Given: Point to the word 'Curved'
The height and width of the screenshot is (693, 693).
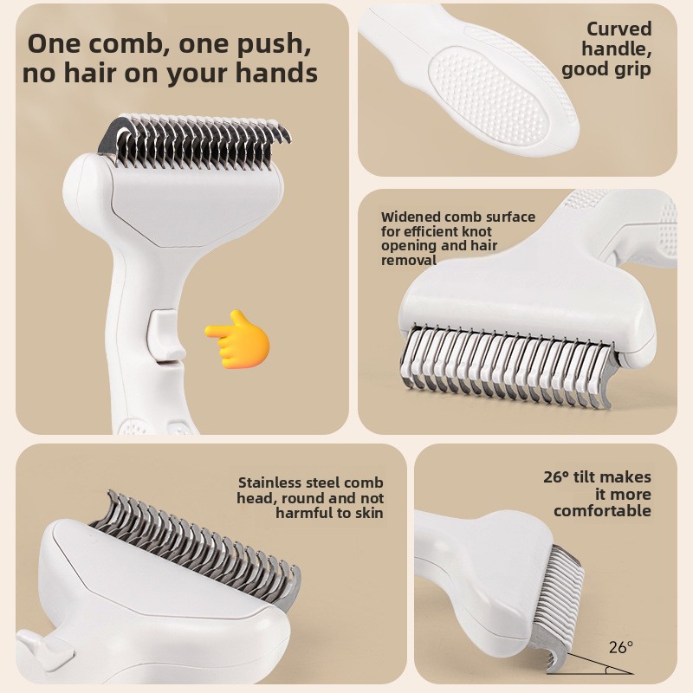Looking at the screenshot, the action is point(619,29).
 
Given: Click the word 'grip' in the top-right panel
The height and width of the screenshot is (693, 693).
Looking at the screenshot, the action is point(632,70).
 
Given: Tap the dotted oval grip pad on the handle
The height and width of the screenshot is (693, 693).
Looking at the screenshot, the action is point(489,95).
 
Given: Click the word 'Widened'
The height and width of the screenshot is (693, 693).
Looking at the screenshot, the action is point(411,217).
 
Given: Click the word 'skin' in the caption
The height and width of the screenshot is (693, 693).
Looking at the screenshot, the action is point(367,513).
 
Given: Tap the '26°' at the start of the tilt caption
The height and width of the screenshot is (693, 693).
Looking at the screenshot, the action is point(556,477).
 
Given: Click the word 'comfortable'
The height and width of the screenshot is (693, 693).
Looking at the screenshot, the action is point(602,511).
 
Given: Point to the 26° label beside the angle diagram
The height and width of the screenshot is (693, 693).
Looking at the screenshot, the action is point(621,647).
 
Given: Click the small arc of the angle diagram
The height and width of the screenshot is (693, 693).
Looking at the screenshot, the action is point(609,670).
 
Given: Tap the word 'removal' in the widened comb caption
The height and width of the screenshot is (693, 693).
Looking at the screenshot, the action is point(409,261).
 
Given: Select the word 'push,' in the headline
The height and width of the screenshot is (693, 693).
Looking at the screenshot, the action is point(274,45).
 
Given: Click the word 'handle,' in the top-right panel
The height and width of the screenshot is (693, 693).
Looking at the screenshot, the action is point(617,49).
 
